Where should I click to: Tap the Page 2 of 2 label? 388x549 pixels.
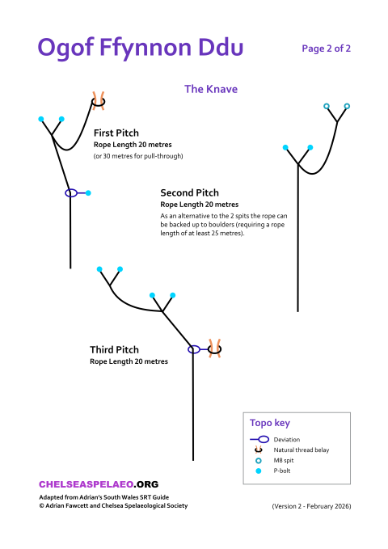point(326,49)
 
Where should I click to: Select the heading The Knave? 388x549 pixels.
point(211,89)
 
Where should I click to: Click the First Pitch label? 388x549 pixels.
point(116,133)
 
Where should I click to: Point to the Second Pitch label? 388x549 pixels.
point(189,192)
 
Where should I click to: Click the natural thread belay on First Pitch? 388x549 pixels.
point(99,100)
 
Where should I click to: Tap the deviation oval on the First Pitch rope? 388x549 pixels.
point(71,193)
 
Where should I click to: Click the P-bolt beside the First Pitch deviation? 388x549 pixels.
point(88,193)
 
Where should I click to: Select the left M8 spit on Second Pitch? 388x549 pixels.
point(327,107)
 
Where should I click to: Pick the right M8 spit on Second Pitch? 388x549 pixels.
point(347,106)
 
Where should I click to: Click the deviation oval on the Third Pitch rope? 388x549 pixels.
point(194,349)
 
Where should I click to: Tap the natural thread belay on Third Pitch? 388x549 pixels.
point(215,348)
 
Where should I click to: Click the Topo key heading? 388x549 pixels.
point(269,423)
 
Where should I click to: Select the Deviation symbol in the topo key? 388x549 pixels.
point(260,439)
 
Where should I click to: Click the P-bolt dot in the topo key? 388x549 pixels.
point(259,471)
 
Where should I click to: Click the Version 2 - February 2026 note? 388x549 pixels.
point(311,506)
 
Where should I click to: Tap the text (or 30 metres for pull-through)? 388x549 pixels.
point(138,155)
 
